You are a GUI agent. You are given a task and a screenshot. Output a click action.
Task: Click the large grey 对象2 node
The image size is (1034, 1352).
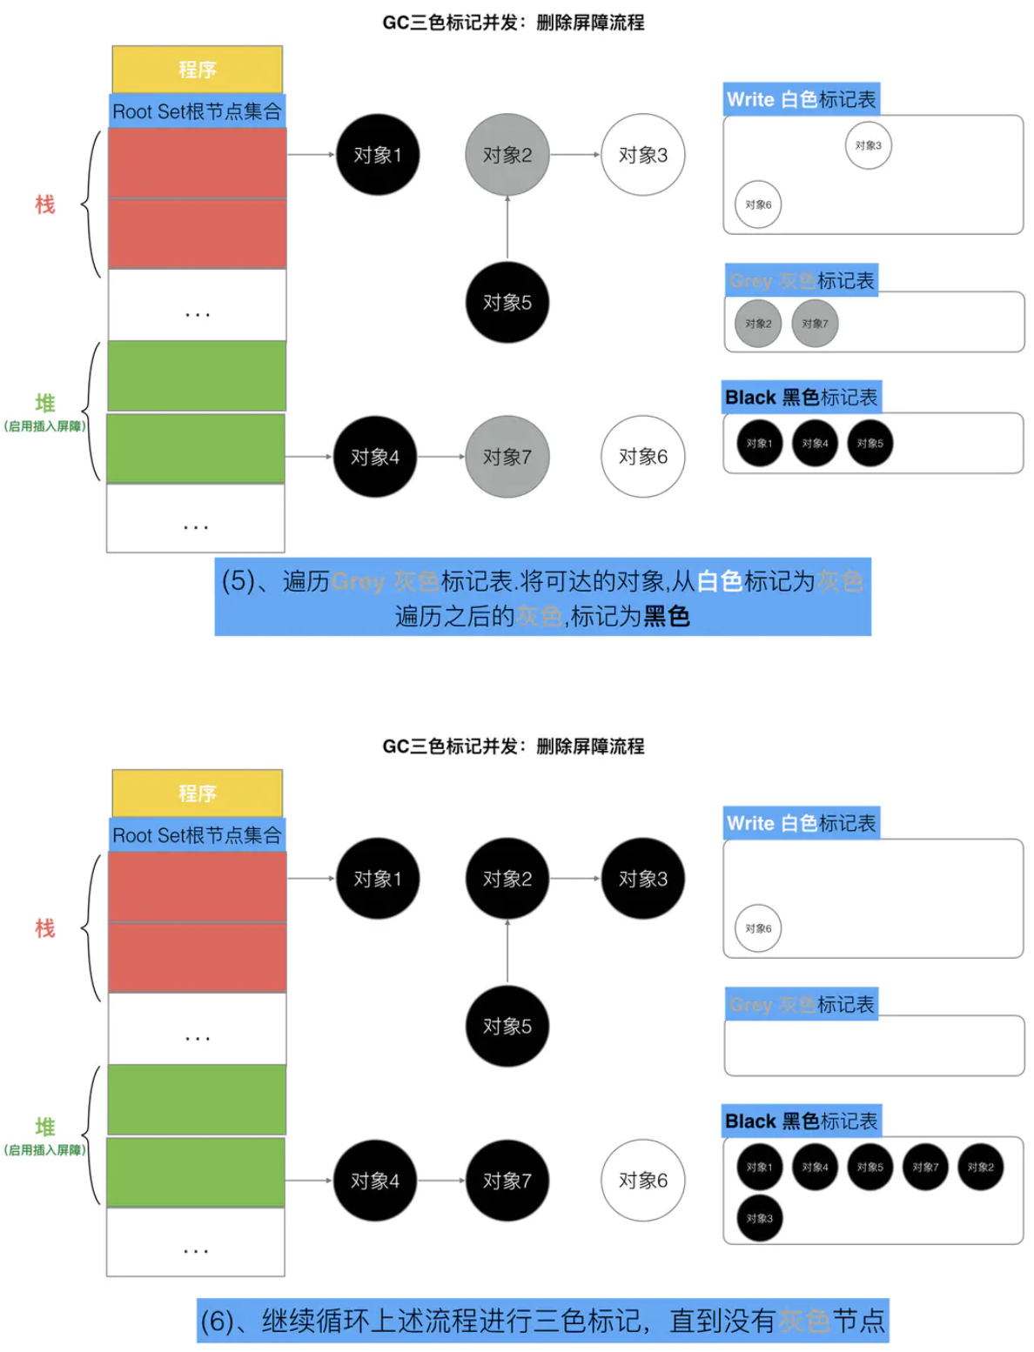pyautogui.click(x=507, y=155)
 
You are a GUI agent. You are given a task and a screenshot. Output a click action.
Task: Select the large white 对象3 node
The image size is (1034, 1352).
pyautogui.click(x=643, y=155)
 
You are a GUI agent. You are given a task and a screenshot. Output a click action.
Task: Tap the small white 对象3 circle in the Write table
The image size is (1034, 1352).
pyautogui.click(x=868, y=145)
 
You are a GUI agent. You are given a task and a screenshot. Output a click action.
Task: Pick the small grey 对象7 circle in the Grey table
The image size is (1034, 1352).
pyautogui.click(x=815, y=324)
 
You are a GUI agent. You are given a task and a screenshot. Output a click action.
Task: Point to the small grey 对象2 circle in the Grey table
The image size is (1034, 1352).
pyautogui.click(x=758, y=324)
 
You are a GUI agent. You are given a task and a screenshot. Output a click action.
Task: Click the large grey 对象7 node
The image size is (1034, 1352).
pyautogui.click(x=507, y=457)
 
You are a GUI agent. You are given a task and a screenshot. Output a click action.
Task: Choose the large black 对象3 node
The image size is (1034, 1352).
pyautogui.click(x=643, y=879)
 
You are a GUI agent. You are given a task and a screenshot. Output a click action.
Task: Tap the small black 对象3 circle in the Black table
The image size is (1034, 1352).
pyautogui.click(x=759, y=1218)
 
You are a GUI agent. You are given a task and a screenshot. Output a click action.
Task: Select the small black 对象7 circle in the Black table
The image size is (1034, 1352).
pyautogui.click(x=925, y=1167)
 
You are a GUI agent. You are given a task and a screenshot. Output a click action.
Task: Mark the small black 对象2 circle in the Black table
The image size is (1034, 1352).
pyautogui.click(x=980, y=1167)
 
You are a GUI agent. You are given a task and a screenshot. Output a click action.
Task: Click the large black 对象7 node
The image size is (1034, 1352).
pyautogui.click(x=507, y=1181)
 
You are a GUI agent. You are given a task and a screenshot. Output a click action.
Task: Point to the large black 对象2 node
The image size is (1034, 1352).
pyautogui.click(x=507, y=879)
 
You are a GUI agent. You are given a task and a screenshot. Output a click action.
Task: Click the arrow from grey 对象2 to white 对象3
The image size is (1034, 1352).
pyautogui.click(x=575, y=155)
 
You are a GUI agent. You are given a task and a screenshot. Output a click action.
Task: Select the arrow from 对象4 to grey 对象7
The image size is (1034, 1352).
pyautogui.click(x=440, y=457)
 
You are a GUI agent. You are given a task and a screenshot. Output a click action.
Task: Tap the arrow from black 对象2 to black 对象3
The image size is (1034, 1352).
pyautogui.click(x=575, y=879)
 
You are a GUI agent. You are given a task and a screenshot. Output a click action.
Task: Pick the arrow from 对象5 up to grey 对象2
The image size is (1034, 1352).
pyautogui.click(x=507, y=228)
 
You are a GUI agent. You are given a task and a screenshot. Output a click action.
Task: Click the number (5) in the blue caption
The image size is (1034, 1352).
pyautogui.click(x=238, y=580)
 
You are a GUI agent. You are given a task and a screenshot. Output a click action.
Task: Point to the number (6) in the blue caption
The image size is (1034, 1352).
pyautogui.click(x=217, y=1321)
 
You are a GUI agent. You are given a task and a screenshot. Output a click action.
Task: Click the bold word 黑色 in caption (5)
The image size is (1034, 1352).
pyautogui.click(x=667, y=617)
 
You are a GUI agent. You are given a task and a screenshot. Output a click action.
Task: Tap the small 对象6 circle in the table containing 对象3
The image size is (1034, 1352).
pyautogui.click(x=758, y=204)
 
